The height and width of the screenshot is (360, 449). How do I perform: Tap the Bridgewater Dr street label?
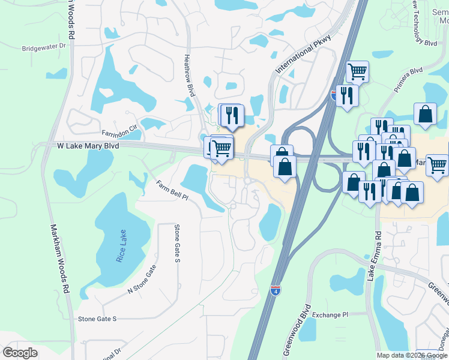click(x=43, y=48)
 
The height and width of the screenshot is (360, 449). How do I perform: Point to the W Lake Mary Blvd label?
click(x=88, y=146)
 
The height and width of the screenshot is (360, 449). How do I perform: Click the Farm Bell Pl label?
click(x=172, y=191)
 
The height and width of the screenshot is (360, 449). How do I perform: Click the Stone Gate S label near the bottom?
click(x=97, y=319)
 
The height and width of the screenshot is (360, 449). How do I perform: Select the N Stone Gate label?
click(x=142, y=279)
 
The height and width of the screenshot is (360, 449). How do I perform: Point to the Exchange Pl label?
click(x=330, y=314)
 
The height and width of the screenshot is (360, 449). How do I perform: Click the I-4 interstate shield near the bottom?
click(x=275, y=291)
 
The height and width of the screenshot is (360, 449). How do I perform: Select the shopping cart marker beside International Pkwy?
click(x=357, y=72)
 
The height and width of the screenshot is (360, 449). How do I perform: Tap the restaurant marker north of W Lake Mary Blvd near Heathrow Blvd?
click(x=233, y=115)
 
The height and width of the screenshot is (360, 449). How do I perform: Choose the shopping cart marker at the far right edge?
click(x=438, y=164)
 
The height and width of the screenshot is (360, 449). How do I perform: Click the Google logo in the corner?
click(x=20, y=353)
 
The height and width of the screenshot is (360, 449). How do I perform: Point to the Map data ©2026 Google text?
click(x=411, y=355)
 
